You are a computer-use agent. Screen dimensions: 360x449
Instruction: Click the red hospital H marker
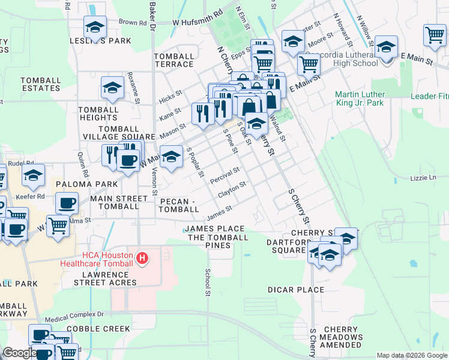click(x=142, y=259)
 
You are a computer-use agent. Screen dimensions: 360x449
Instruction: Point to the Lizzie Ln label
click(x=423, y=178)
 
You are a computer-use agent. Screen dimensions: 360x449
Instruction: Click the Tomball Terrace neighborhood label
click(x=174, y=60)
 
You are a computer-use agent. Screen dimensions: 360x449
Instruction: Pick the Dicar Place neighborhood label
click(x=295, y=290)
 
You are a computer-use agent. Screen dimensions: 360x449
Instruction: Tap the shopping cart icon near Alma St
click(x=58, y=226)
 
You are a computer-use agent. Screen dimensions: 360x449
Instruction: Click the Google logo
click(x=19, y=353)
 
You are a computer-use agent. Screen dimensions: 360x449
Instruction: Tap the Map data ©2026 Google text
click(x=411, y=355)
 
